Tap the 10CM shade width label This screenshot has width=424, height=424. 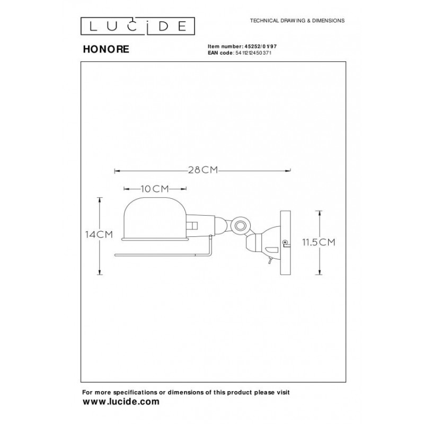(x=155, y=188)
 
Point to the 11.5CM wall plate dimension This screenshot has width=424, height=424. (x=319, y=243)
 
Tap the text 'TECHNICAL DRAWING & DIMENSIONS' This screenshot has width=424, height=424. (x=294, y=20)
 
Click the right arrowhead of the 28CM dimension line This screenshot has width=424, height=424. (x=290, y=170)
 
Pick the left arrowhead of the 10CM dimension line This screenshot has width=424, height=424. (x=125, y=188)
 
